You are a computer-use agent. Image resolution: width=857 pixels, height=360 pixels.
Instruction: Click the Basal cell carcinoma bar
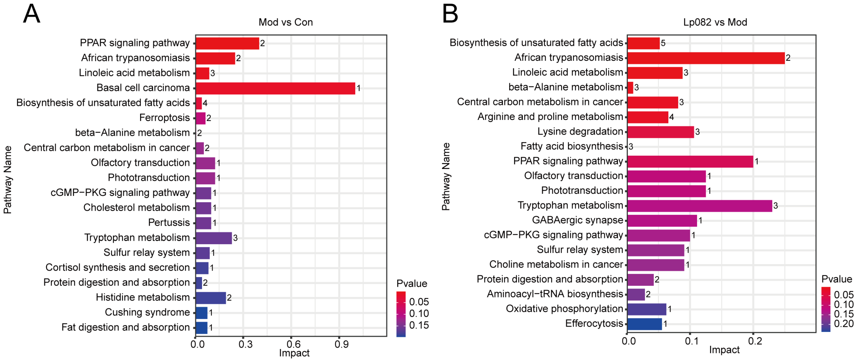click(275, 88)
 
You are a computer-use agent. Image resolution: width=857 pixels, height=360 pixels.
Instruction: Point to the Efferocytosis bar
click(644, 324)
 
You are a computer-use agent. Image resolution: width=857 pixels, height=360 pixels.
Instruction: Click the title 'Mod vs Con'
click(285, 22)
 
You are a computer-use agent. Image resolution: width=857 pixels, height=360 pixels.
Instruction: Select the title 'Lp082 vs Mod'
click(715, 22)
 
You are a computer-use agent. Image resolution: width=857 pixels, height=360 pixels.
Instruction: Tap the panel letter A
click(32, 14)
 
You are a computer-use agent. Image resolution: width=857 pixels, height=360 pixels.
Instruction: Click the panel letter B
click(450, 14)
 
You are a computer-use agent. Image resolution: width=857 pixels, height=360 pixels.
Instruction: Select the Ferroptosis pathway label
click(164, 118)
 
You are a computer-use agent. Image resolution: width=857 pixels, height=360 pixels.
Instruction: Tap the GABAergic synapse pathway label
click(577, 220)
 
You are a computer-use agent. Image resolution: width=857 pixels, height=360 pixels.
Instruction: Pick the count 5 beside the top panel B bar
click(663, 43)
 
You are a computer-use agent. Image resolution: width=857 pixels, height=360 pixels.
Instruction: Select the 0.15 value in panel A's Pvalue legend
click(419, 325)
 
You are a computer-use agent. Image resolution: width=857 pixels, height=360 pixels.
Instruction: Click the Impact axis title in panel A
click(294, 353)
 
